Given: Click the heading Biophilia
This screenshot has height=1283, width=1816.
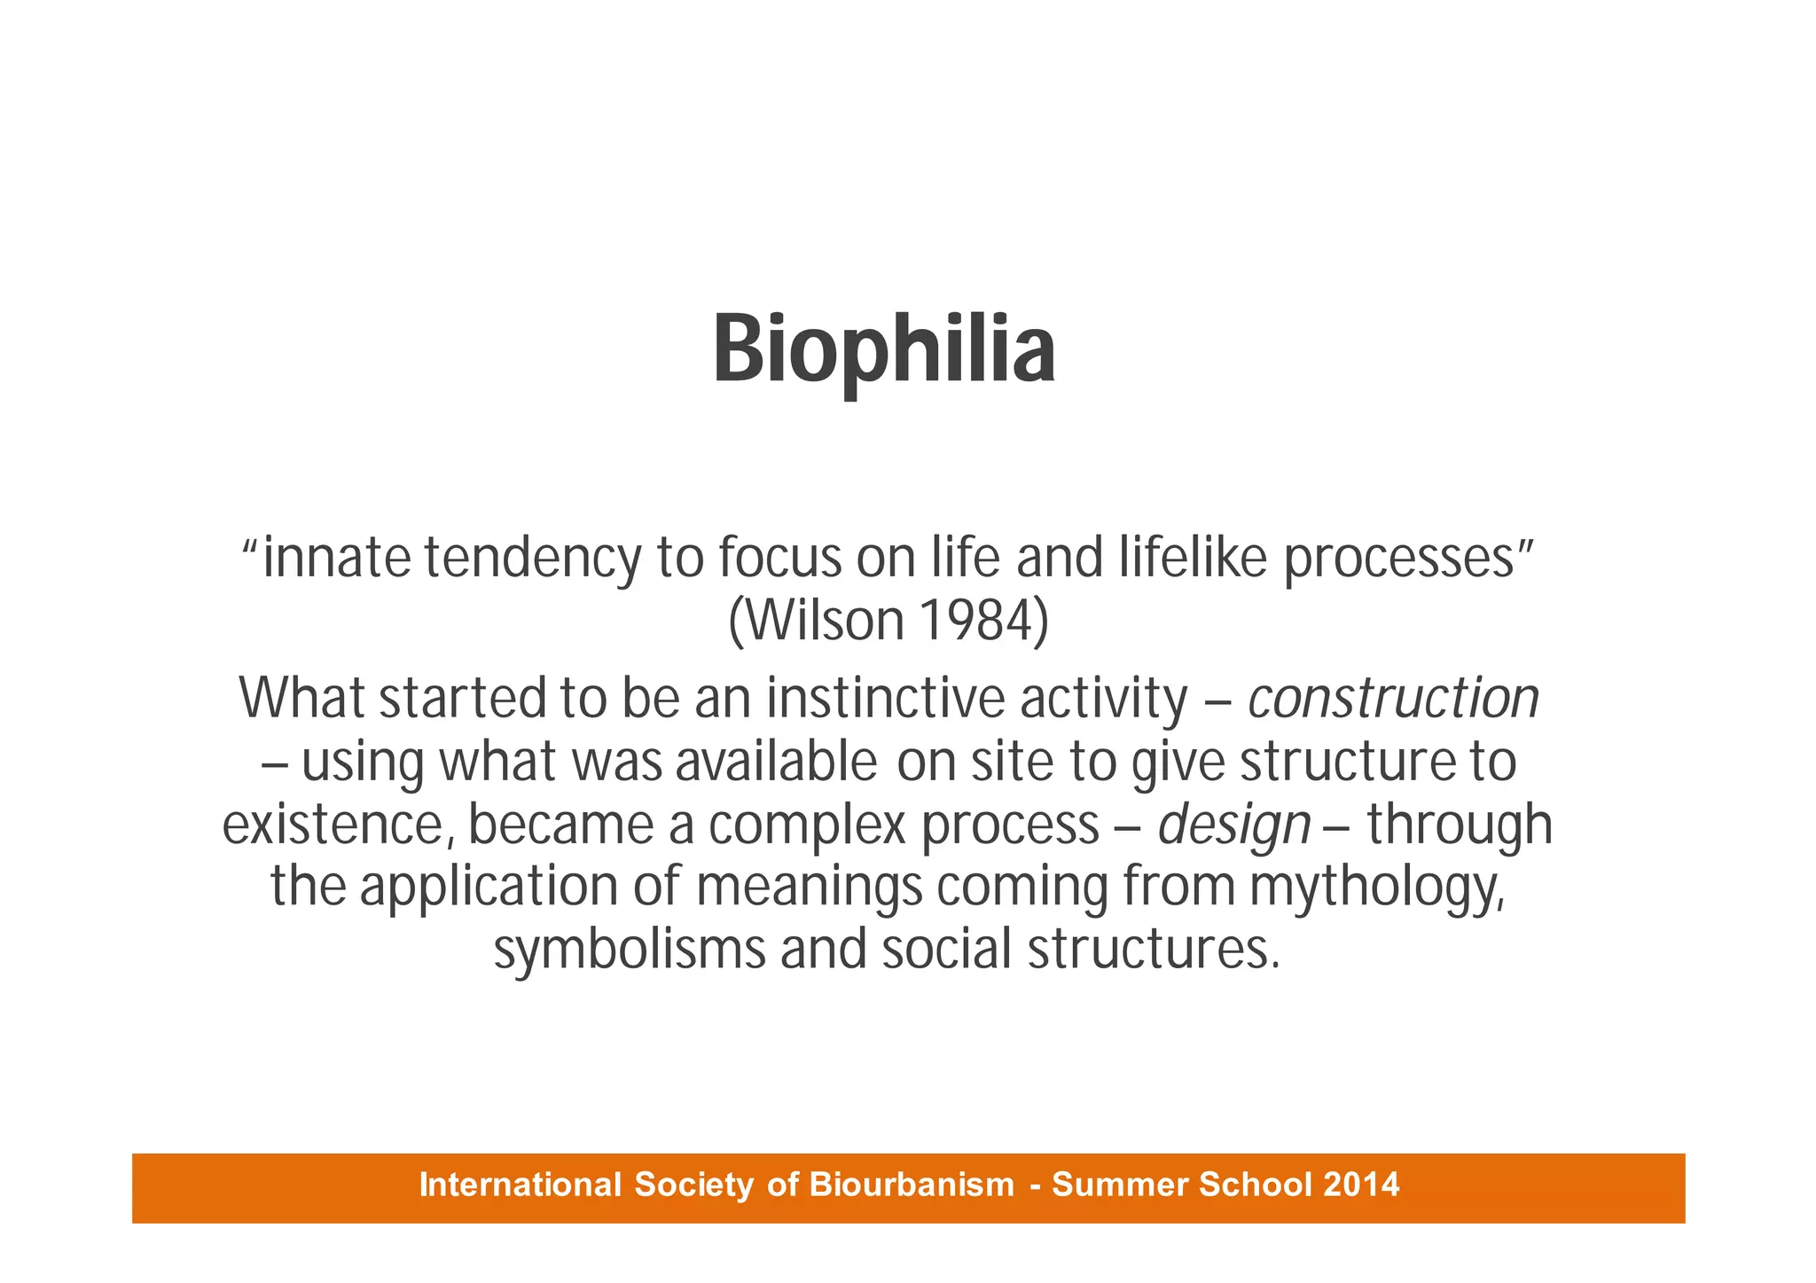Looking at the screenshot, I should pos(884,352).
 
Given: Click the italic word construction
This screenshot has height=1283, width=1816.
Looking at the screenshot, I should pos(1392,699).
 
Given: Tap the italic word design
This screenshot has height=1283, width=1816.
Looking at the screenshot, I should pos(1233,825).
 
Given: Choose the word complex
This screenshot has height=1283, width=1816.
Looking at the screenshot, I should pos(807,825).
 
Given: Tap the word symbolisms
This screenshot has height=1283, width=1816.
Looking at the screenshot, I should pos(630,950).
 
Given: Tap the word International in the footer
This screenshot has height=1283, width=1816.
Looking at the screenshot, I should pos(520,1185).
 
